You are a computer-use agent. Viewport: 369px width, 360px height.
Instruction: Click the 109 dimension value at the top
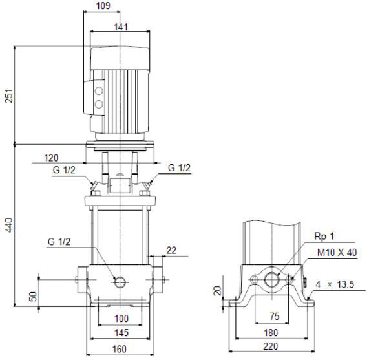click(103, 6)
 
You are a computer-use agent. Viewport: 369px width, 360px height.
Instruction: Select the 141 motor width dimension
click(121, 27)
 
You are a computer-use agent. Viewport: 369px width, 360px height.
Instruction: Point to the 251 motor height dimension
click(9, 96)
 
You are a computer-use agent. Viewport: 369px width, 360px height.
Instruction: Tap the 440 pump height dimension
click(9, 225)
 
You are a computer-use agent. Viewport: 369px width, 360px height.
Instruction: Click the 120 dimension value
click(51, 158)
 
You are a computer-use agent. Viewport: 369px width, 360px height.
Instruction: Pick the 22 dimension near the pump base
click(171, 250)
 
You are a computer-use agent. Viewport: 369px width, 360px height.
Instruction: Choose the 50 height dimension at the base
click(33, 297)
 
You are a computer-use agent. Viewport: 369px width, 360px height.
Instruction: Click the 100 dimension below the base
click(121, 319)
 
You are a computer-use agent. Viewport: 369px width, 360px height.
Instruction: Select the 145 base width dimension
click(121, 333)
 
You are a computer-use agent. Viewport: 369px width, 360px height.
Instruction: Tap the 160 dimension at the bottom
click(120, 349)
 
